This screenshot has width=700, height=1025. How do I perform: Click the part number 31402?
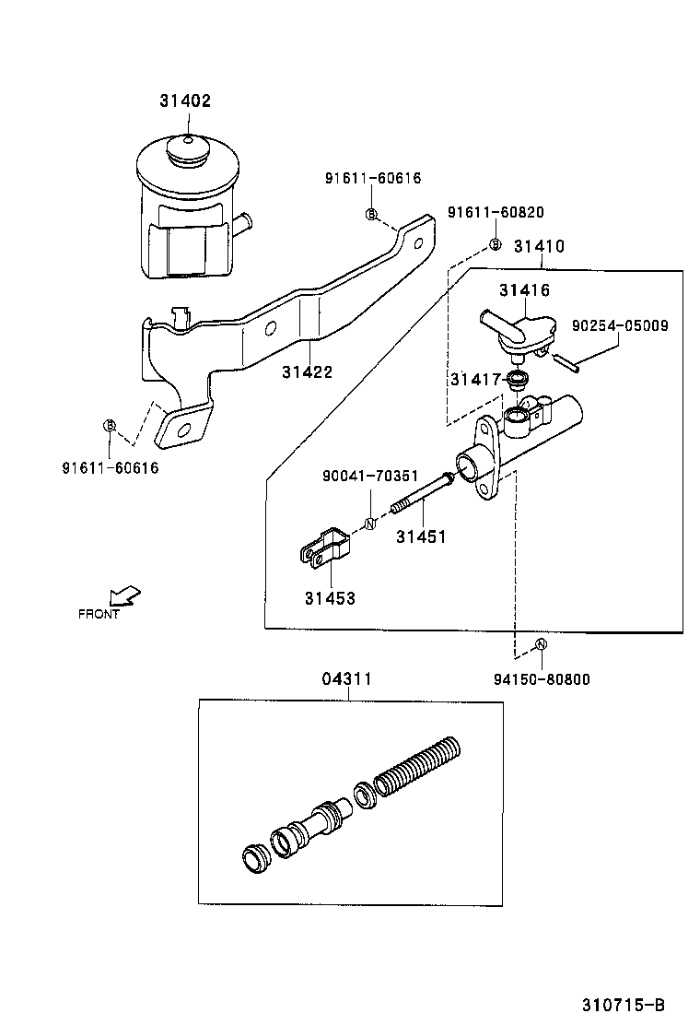185,100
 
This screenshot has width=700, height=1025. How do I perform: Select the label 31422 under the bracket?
307,372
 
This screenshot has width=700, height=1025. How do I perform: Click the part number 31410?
539,247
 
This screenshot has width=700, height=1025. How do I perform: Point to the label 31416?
524,290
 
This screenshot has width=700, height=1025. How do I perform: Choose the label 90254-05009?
620,325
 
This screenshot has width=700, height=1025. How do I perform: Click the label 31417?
475,379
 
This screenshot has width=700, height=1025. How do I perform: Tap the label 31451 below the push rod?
421,536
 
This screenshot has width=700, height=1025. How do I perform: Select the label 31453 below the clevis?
330,598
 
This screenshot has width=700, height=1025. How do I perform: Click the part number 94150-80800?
542,680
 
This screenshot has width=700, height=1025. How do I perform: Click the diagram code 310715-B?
623,1004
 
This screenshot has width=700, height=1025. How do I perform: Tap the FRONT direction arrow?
122,596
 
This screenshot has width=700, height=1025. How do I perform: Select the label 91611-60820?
496,212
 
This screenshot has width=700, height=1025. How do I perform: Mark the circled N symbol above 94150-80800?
541,643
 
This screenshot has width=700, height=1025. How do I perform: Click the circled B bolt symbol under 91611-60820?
495,244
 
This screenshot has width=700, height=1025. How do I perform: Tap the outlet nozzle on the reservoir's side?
243,222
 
